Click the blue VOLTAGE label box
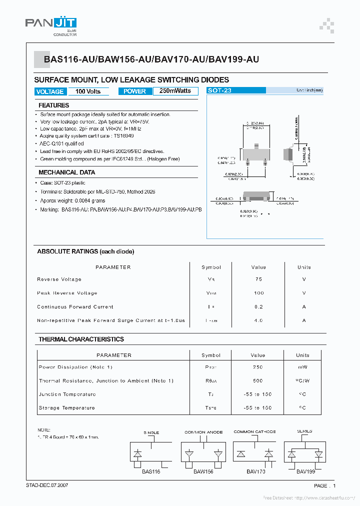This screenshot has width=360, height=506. pos(50,91)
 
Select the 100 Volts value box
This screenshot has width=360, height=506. pos(88,91)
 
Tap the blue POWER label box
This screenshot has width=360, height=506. pos(134,91)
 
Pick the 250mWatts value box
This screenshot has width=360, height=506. pos(175,91)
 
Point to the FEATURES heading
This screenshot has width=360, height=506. pos(54,105)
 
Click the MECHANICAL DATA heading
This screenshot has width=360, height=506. pos(67,172)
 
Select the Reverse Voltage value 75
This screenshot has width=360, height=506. pos(258,279)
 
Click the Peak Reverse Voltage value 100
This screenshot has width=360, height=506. pos(258,293)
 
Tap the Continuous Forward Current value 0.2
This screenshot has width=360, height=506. pos(258,307)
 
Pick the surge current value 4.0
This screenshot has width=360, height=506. pos(258,320)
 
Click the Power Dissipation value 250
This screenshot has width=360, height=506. pos(258,367)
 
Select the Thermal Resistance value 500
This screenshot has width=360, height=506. pos(258,381)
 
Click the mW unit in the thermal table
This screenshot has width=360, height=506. pos(303,367)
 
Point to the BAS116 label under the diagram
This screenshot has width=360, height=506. pos(151,471)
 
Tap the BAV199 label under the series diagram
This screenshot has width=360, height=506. pos(305,471)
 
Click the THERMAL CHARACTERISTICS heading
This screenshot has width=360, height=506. pos(81,339)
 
